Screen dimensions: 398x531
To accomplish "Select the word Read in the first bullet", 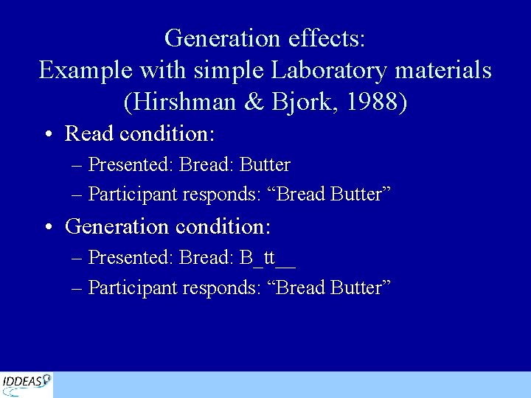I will click(x=89, y=133).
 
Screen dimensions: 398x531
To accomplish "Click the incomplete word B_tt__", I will click(x=268, y=257).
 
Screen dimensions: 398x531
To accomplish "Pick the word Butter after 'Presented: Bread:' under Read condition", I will click(x=265, y=164).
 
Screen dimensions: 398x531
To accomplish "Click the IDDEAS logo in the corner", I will click(x=27, y=383).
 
